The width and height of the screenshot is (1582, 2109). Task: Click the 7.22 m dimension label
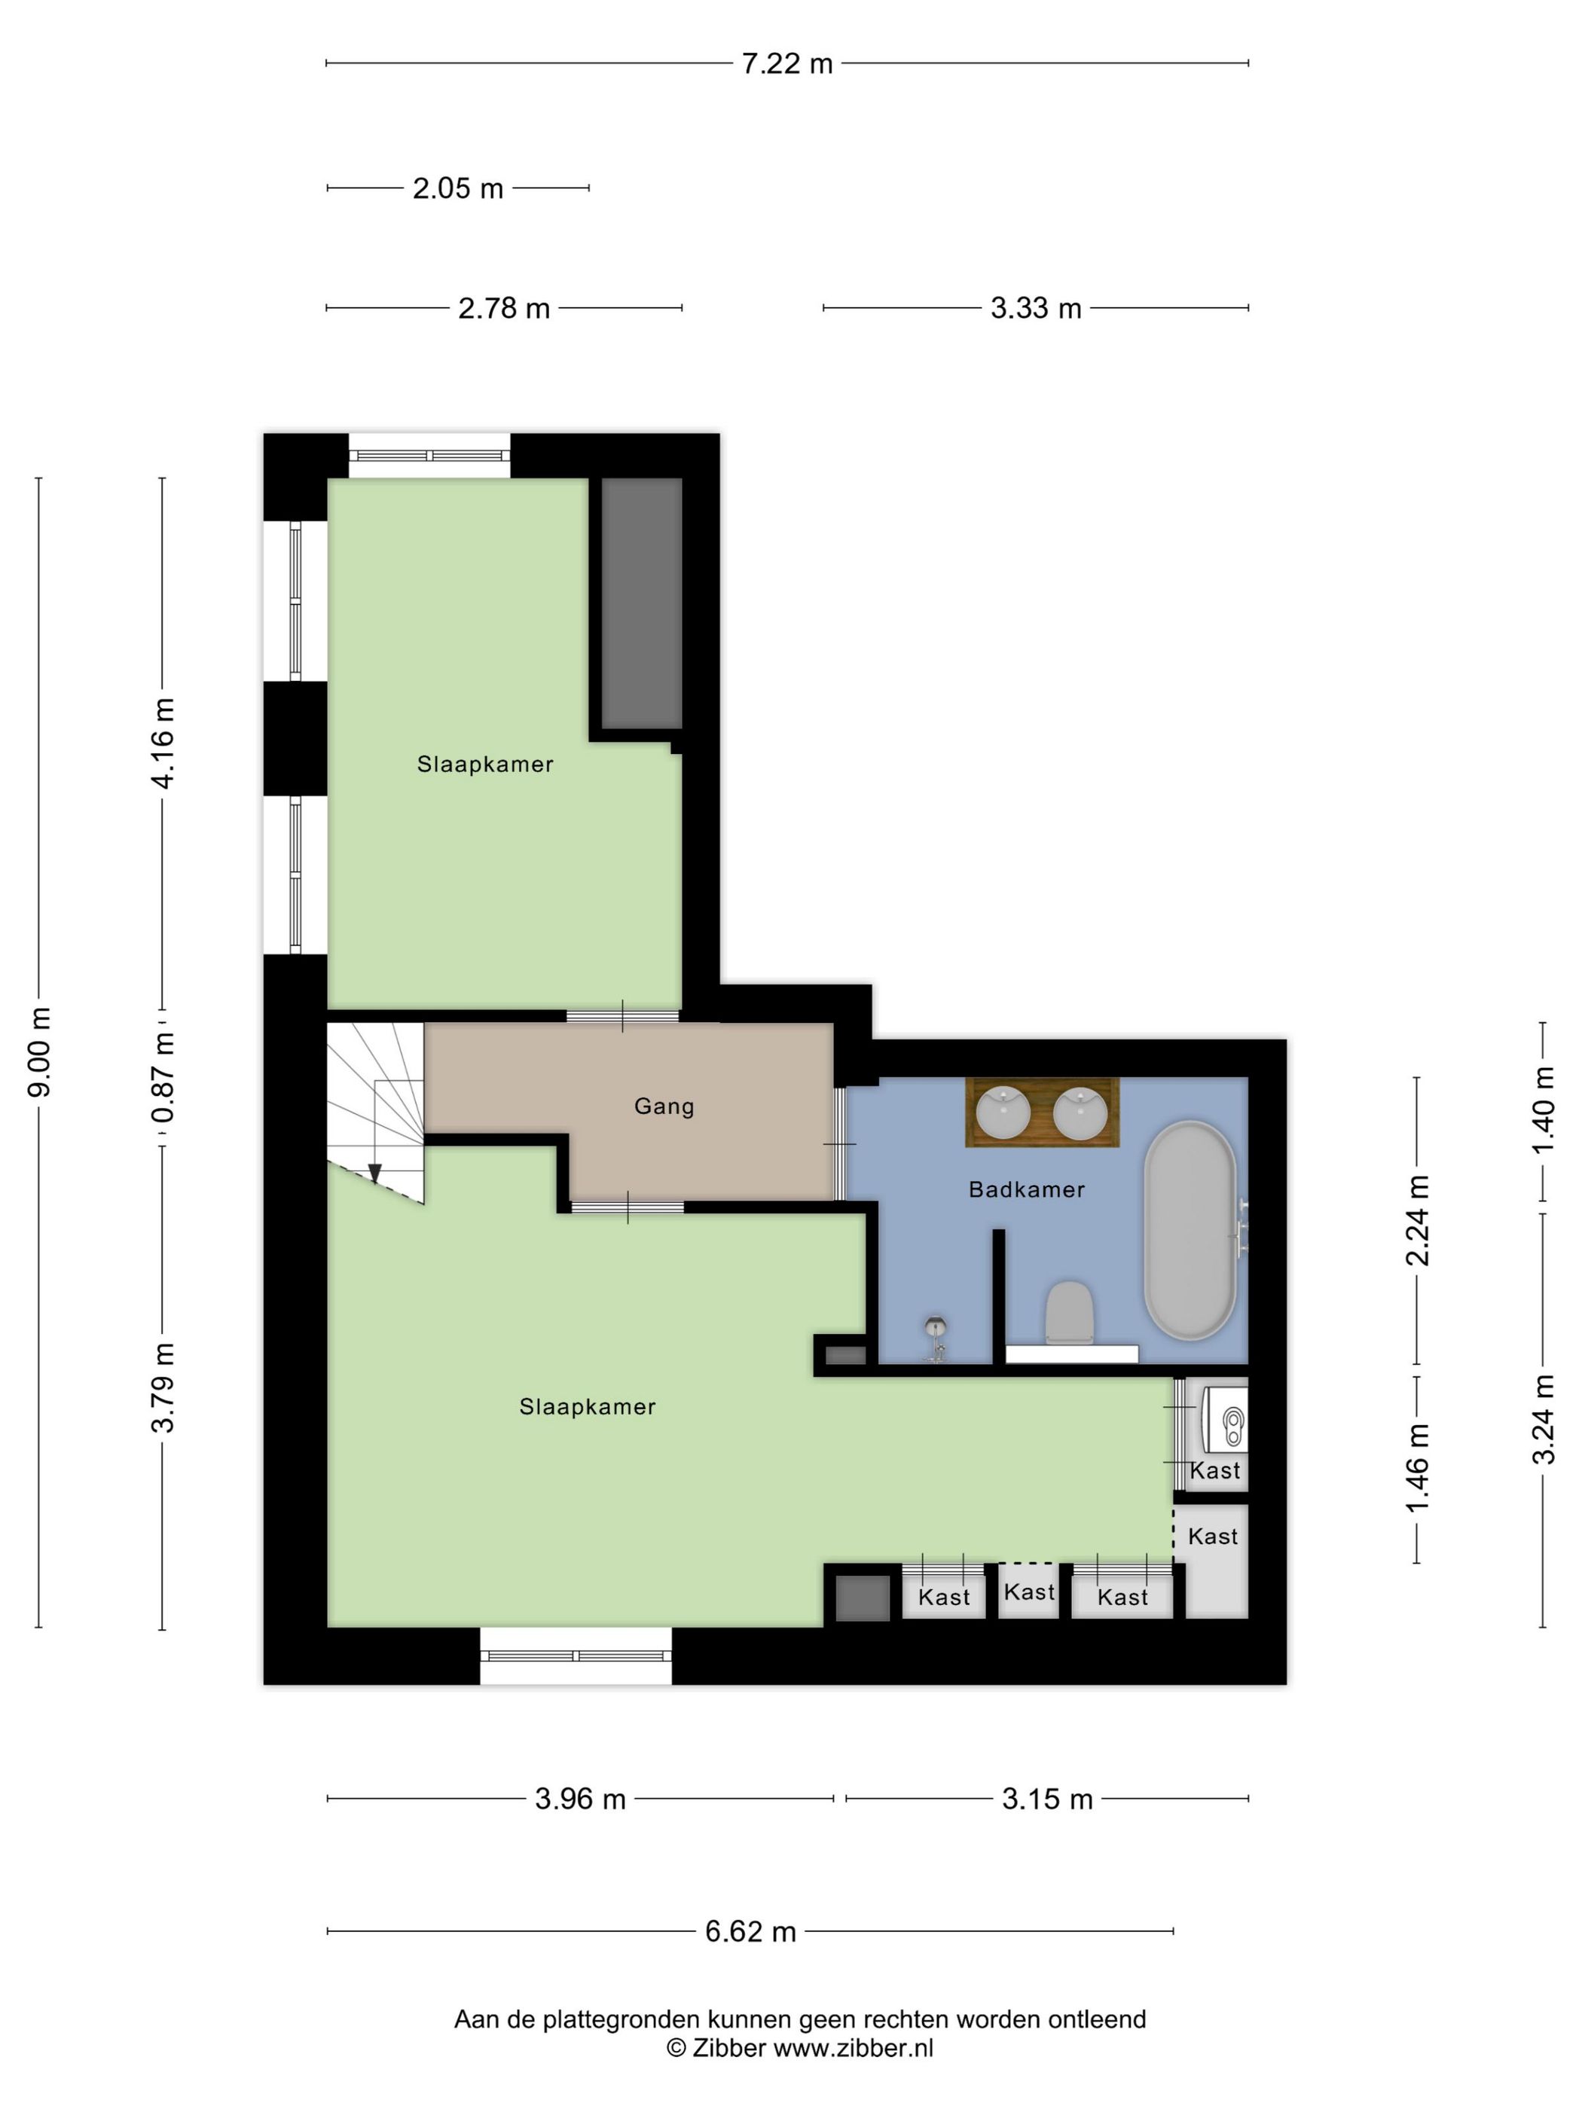click(x=786, y=64)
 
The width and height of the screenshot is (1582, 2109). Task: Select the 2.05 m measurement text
click(x=458, y=189)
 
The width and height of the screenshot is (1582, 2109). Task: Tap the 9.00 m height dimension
click(x=40, y=1051)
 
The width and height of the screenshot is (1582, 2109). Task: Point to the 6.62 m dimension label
click(x=750, y=1932)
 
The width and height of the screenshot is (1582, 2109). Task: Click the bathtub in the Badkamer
click(x=1190, y=1232)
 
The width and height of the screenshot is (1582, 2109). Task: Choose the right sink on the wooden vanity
click(x=1080, y=1113)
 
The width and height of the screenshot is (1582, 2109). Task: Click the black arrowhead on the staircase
click(x=374, y=1174)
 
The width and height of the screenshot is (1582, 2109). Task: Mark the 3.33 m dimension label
click(x=1036, y=309)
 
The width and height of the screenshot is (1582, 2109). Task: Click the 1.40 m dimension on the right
click(x=1542, y=1111)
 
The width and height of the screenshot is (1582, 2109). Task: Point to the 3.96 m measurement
click(x=580, y=1799)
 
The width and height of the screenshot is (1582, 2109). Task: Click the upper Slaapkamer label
click(x=484, y=764)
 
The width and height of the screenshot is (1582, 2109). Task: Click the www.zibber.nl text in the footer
click(x=853, y=2048)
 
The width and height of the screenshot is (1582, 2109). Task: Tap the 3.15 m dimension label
click(x=1047, y=1799)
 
